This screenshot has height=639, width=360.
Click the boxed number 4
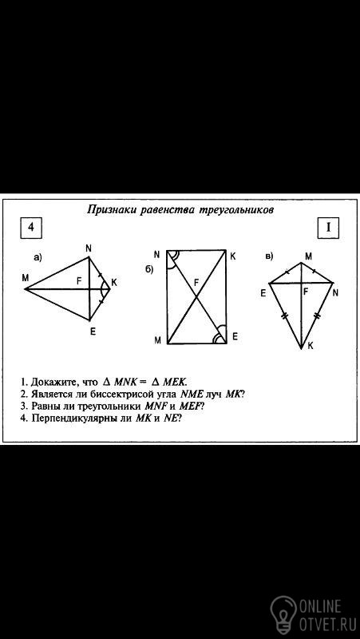[x=31, y=228]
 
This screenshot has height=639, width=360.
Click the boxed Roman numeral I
[x=328, y=228]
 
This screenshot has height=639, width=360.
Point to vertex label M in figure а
[x=26, y=278]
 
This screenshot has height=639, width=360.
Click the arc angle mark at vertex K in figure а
[x=102, y=289]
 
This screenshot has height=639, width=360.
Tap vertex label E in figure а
[x=93, y=331]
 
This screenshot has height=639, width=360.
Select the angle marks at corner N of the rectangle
[x=174, y=258]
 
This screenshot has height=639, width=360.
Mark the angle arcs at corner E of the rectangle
[x=220, y=335]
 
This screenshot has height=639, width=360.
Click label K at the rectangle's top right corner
[x=232, y=256]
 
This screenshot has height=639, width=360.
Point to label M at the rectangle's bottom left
[x=157, y=341]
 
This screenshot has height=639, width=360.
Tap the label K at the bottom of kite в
[x=311, y=346]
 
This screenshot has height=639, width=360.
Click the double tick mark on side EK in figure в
[x=283, y=315]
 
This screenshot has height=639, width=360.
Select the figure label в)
[x=269, y=256]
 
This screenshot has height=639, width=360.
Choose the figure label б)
[x=149, y=270]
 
